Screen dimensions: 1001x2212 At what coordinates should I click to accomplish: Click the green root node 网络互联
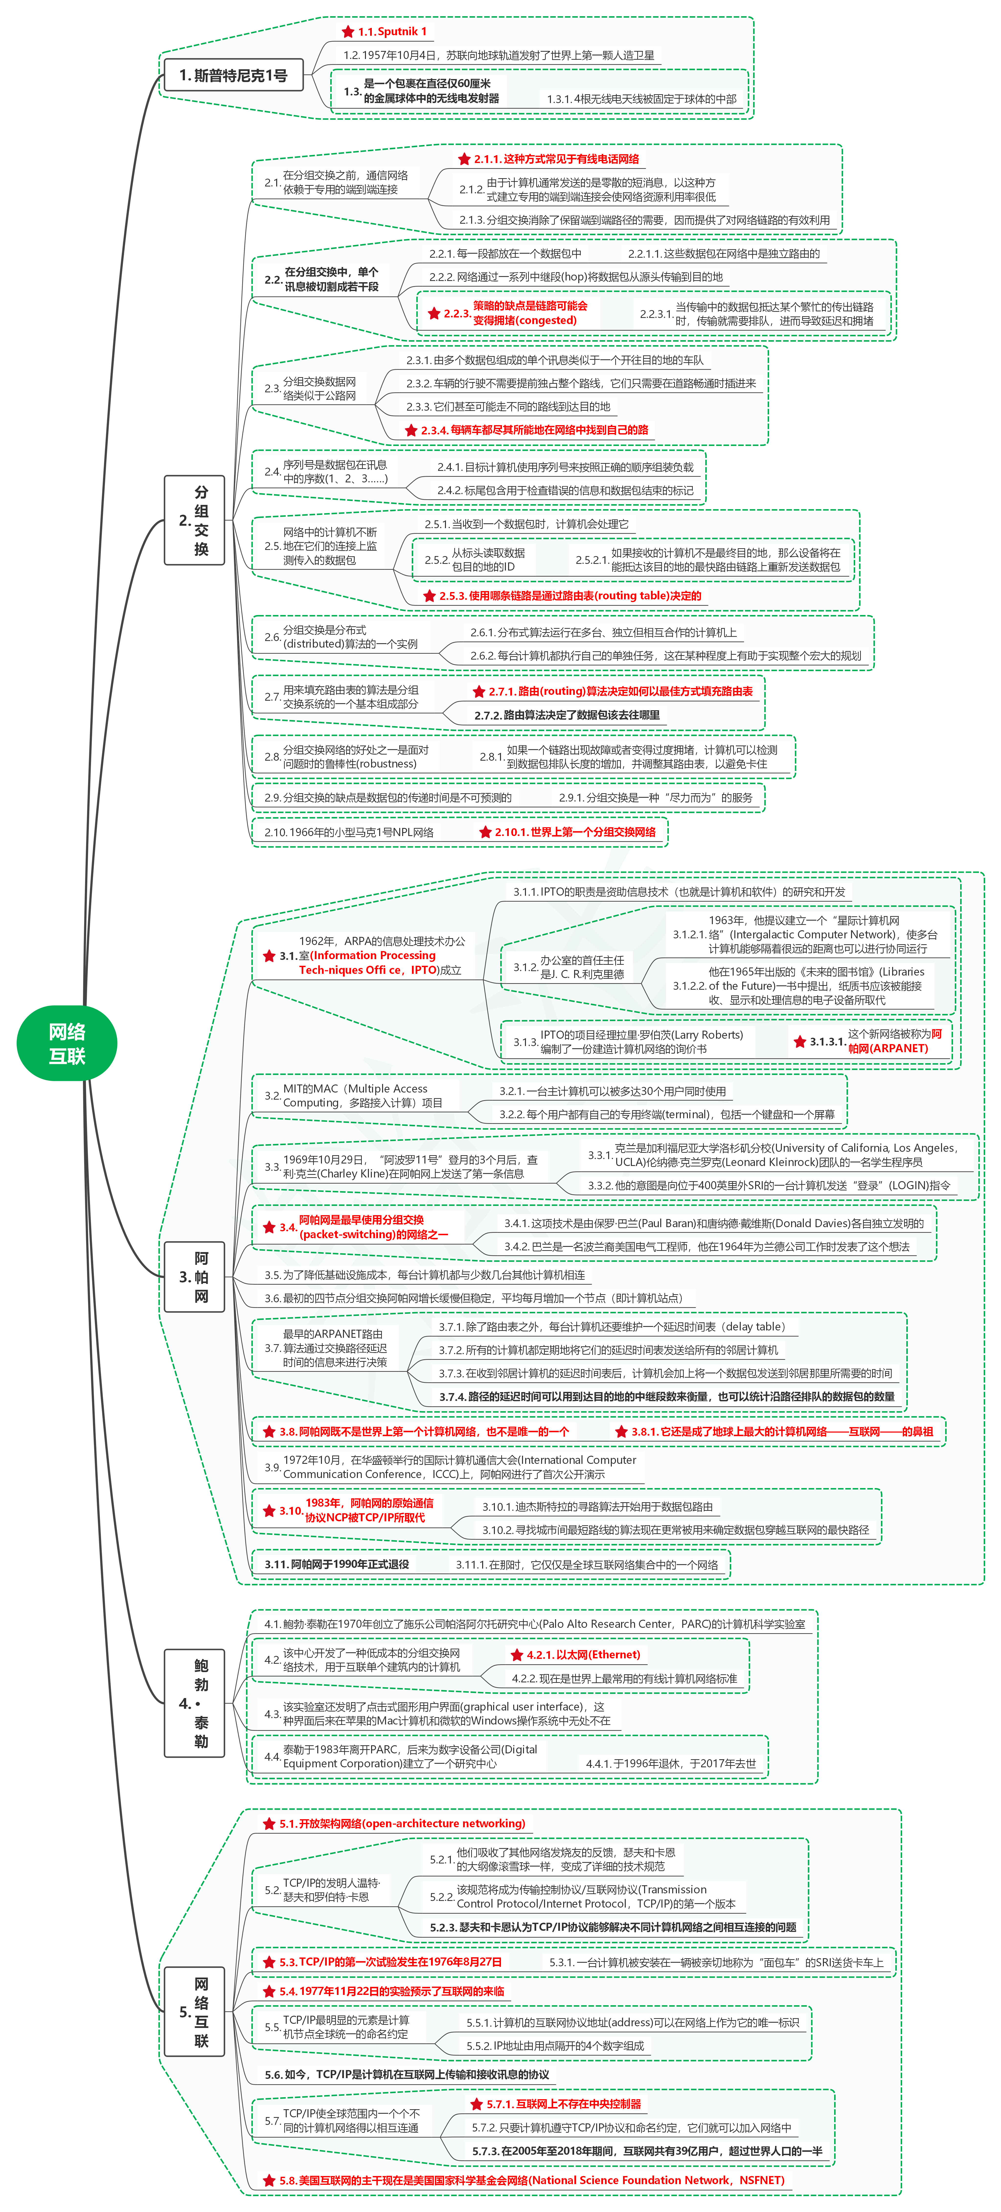coord(67,1043)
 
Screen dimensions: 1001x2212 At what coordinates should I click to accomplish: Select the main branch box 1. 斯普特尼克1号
coord(233,76)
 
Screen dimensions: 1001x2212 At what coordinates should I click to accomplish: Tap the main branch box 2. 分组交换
coord(195,520)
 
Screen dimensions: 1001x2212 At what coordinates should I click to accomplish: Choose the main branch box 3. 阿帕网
coord(195,1277)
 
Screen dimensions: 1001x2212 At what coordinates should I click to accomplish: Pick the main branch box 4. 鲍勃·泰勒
coord(195,1703)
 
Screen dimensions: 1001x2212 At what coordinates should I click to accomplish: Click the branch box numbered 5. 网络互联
coord(195,2011)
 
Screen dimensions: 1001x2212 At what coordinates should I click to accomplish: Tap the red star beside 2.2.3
coord(434,314)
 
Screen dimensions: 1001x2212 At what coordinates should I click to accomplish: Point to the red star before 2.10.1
coord(486,832)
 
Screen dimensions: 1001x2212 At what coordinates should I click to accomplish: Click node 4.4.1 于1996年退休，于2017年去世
coord(671,1764)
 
